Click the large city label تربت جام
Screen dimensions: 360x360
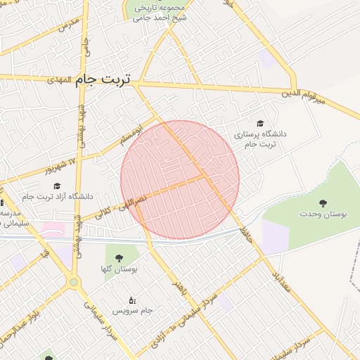click(x=103, y=79)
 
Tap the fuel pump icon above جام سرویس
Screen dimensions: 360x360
click(x=131, y=300)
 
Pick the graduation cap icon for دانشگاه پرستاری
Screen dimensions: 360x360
click(x=260, y=123)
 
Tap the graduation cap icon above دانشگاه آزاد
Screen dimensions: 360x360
click(x=57, y=186)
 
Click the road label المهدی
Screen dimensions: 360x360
click(x=60, y=81)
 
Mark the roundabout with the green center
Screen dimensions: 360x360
click(x=73, y=283)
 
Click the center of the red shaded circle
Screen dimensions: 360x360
click(x=180, y=179)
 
